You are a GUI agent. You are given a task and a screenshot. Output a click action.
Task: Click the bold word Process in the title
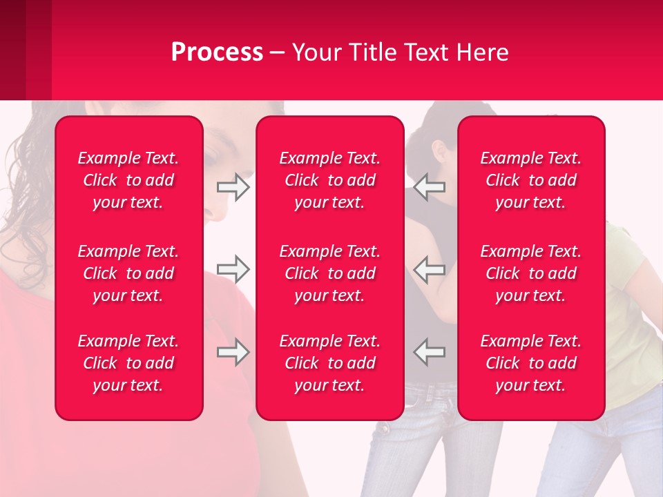[x=217, y=52]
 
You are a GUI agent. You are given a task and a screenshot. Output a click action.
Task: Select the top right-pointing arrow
[x=233, y=187]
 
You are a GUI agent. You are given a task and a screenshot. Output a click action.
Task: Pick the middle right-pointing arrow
[x=233, y=269]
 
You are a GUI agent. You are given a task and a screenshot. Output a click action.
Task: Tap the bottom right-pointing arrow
[x=233, y=352]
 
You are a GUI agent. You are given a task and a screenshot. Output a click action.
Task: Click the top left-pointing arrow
[x=429, y=187]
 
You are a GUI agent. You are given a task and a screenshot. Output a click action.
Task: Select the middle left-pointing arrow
[x=429, y=269]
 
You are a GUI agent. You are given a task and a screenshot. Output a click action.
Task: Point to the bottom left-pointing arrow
[x=429, y=352]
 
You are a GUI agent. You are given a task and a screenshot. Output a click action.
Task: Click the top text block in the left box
[x=128, y=180]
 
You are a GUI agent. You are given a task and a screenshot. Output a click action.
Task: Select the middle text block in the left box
[x=128, y=273]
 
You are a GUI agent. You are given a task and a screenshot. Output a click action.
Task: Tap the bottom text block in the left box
[x=128, y=363]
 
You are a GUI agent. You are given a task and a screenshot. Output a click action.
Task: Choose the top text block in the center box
[x=330, y=180]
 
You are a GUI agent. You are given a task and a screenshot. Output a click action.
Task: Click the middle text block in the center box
[x=330, y=273]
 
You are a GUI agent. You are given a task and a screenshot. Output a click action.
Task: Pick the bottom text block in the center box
[x=330, y=363]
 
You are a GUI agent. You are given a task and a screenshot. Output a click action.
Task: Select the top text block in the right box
[x=531, y=180]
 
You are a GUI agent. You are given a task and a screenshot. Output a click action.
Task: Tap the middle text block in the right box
[x=531, y=273]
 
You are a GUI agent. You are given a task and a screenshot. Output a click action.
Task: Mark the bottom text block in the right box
[x=531, y=363]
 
